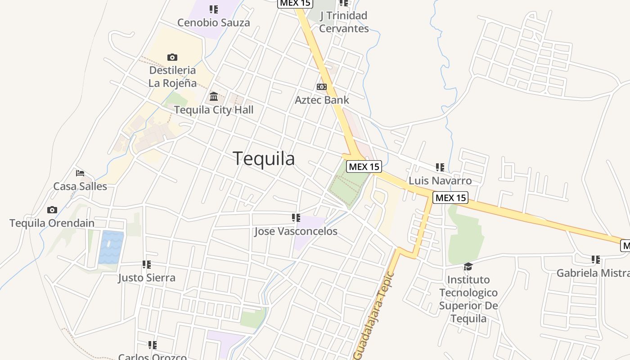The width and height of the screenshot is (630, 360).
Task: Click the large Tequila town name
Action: coord(264,158)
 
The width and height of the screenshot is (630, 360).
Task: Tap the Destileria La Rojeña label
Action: coord(173,76)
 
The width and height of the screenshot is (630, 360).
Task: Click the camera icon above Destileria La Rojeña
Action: coord(172,57)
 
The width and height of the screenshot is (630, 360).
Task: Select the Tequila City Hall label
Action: coord(214,110)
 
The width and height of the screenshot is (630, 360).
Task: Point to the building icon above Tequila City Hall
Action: coord(214,96)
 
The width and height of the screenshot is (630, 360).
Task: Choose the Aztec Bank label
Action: coord(322,100)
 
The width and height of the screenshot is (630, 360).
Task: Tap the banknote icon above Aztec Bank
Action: coord(322,86)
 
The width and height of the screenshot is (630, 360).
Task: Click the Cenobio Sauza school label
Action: coord(213,22)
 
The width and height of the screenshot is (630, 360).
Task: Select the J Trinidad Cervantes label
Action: coord(344,22)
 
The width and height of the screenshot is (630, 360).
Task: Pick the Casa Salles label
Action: coord(80,186)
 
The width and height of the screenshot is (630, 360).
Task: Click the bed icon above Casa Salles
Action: coord(80,173)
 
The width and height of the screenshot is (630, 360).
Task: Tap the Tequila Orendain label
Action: coord(52,223)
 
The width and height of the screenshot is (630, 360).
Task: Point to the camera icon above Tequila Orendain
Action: coord(52,210)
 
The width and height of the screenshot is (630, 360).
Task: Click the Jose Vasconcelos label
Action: coord(296,231)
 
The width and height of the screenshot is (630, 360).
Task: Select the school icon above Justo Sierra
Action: coord(147,264)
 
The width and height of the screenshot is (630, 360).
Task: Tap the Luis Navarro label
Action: coord(440,181)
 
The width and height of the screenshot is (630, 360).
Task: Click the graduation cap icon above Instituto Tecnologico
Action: coord(468,267)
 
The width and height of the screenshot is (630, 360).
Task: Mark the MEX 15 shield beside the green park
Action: coord(364,166)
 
